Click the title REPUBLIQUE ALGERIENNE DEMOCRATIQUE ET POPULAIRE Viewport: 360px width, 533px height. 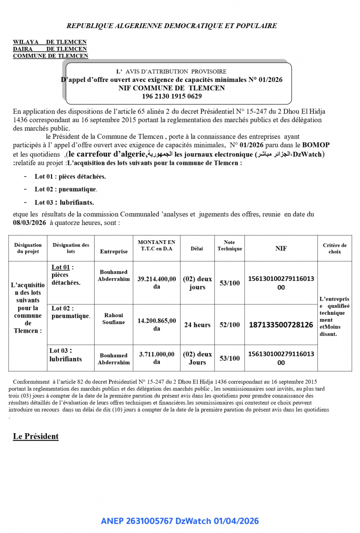point(171,26)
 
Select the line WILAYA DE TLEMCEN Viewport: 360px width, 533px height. point(50,42)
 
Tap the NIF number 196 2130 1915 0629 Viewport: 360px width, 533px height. point(172,96)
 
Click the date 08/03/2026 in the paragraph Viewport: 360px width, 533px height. point(30,223)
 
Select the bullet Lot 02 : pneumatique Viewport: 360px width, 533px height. point(66,189)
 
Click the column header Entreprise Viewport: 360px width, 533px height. point(113,252)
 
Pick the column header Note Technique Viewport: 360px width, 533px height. point(229,245)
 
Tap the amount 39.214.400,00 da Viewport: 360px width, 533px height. point(157,282)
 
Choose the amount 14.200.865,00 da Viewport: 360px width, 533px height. point(157,325)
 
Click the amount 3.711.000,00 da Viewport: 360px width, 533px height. point(157,358)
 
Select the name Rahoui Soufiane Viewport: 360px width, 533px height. point(113,319)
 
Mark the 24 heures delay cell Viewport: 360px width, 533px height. point(197,325)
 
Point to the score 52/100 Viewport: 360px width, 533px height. point(229,325)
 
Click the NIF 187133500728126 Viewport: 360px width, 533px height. point(281,325)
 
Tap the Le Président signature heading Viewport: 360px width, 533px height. point(36,437)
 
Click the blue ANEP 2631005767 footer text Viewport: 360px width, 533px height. point(180,521)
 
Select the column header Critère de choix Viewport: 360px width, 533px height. point(334,248)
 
